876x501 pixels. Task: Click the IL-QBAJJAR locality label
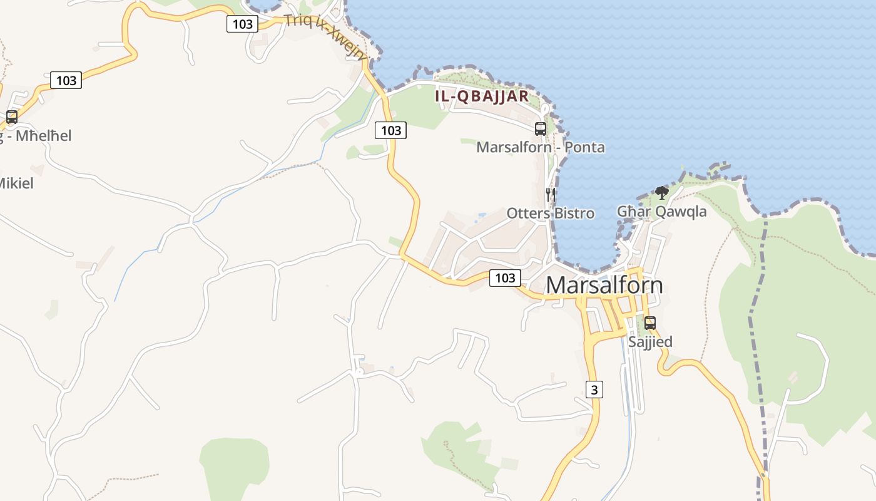coord(482,96)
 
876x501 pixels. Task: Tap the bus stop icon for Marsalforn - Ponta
coord(541,129)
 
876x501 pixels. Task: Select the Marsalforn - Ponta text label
coord(541,147)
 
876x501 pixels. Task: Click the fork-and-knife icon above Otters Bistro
coord(550,194)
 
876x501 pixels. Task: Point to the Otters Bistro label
coord(550,213)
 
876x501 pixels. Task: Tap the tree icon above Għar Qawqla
coord(661,193)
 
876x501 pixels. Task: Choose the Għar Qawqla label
coord(661,212)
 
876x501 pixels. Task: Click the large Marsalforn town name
coord(604,285)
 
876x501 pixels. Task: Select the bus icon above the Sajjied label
coord(650,323)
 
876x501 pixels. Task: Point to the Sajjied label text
coord(650,341)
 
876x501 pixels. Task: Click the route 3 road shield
coord(594,390)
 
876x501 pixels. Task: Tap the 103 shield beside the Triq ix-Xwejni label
coord(242,24)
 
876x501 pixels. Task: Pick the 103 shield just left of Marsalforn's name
coord(504,278)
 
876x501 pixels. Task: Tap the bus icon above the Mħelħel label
coord(11,116)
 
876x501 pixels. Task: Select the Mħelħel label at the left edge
coord(38,135)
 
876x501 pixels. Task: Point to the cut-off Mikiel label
coord(16,183)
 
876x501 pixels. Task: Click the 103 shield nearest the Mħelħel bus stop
coord(66,80)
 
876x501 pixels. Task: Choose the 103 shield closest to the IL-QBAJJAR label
coord(390,130)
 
